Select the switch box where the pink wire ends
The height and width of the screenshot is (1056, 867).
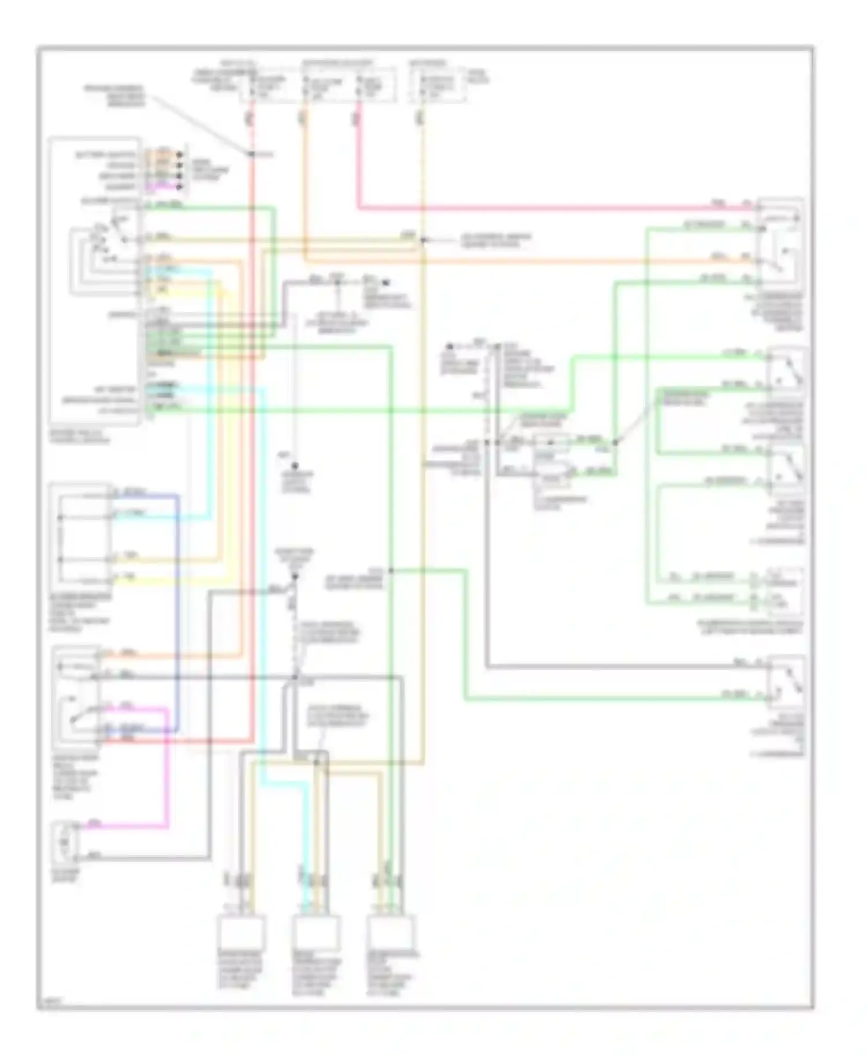pos(780,243)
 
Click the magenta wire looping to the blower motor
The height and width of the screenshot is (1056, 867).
pos(168,768)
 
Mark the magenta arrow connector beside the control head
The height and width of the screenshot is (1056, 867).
pos(179,187)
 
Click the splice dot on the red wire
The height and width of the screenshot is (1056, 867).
pos(252,154)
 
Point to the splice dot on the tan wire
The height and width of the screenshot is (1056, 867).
pos(423,240)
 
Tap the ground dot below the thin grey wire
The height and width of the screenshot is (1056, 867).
pos(295,466)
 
